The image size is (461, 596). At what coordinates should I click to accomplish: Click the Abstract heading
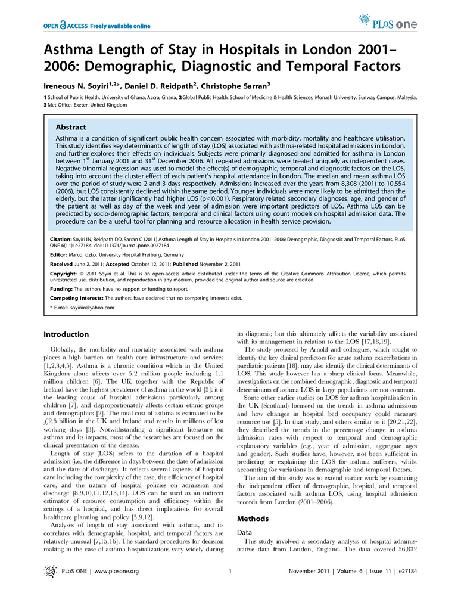[x=70, y=127]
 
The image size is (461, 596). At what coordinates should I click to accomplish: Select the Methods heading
[x=253, y=519]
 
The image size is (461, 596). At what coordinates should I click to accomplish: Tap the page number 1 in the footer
[x=229, y=572]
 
